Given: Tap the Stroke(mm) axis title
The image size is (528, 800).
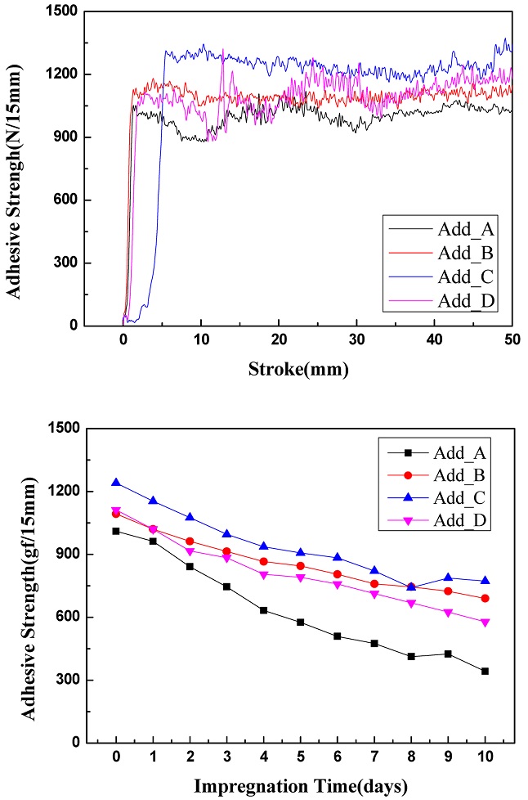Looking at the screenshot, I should tap(299, 369).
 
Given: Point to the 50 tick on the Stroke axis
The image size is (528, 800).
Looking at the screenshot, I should tap(512, 340).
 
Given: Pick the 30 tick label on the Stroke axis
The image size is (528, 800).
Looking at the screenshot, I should tap(356, 340).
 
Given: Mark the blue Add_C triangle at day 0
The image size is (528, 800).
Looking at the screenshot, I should tap(116, 483).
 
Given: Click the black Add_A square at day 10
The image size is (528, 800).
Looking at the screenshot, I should tap(485, 671).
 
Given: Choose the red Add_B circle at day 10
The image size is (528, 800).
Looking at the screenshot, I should tap(485, 598).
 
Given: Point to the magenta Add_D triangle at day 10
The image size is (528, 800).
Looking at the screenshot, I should tap(485, 622).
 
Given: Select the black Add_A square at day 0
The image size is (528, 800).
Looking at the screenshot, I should tap(116, 531).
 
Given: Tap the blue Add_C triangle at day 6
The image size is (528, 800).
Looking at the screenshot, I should tap(338, 557).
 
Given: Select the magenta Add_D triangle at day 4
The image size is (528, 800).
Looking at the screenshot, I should tap(264, 575).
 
